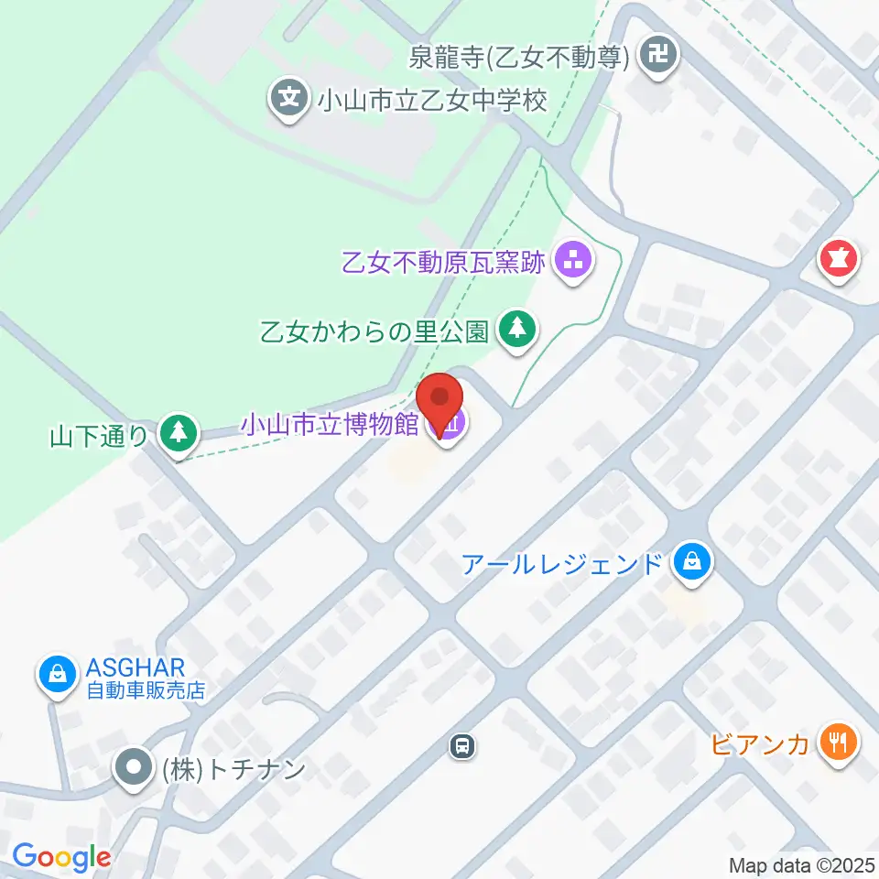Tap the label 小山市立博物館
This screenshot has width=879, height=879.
[x=330, y=424]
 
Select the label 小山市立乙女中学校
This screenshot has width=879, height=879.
[x=431, y=99]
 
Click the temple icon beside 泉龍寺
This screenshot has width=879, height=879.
[x=657, y=58]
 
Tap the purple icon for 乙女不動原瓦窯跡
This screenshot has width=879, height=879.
[x=574, y=263]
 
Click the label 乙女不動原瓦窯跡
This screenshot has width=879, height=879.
[x=443, y=264]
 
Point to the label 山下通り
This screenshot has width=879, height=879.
[x=100, y=435]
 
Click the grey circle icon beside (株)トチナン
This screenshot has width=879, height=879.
[x=136, y=767]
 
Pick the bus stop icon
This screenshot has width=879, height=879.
[x=464, y=747]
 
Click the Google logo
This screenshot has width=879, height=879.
[x=61, y=857]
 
